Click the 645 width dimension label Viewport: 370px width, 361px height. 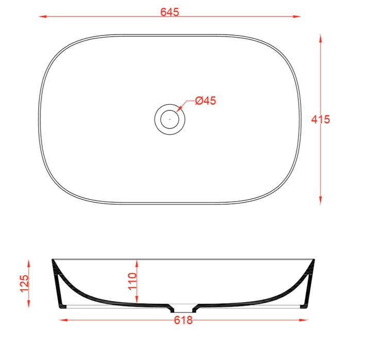click(x=170, y=12)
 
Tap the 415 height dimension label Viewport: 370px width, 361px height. click(x=321, y=120)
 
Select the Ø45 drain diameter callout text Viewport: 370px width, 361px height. click(x=206, y=101)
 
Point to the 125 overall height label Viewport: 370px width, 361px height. click(x=24, y=283)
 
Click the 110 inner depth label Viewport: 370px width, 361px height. click(x=132, y=281)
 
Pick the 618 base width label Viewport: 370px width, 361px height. click(x=183, y=320)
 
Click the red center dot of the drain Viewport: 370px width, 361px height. click(x=170, y=120)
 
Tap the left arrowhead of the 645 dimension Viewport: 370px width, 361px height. click(x=42, y=17)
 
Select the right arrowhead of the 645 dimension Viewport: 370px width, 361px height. click(x=297, y=17)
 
